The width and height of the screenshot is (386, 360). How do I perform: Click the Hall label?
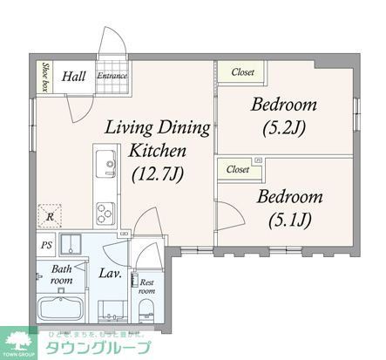(72, 76)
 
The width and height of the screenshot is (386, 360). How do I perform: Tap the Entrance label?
(112, 76)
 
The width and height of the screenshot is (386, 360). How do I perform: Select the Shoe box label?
(44, 76)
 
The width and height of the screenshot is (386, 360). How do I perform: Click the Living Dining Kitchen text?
(158, 139)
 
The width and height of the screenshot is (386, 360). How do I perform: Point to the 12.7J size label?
(158, 174)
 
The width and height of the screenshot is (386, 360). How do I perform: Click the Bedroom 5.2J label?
(284, 117)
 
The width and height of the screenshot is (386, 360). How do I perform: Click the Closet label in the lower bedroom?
(237, 169)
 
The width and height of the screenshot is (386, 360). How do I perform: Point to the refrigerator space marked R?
(51, 214)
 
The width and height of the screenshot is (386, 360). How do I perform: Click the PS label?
(45, 245)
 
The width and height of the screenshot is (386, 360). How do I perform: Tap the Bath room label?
(60, 275)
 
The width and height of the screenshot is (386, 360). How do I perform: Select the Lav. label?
(109, 274)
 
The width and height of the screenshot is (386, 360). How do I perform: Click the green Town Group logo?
(19, 343)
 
